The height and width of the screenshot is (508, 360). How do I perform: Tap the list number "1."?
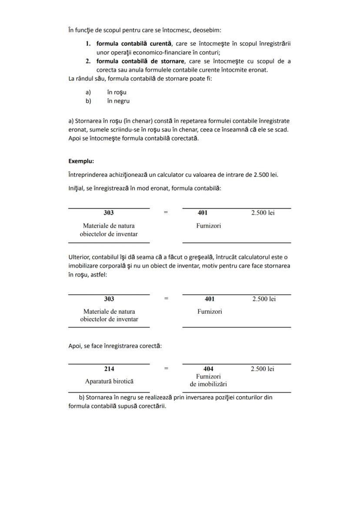(88, 43)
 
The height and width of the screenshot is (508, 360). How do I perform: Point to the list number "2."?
(88, 61)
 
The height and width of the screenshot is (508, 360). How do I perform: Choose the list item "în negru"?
(118, 101)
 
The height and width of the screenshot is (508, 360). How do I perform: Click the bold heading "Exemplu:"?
(81, 161)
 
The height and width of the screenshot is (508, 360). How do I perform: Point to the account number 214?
(109, 369)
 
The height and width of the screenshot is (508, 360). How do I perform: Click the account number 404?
(208, 369)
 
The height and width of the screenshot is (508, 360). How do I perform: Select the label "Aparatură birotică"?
(109, 381)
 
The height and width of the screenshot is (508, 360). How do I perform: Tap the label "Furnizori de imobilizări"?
(209, 380)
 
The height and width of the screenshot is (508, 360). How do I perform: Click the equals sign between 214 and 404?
(166, 369)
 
